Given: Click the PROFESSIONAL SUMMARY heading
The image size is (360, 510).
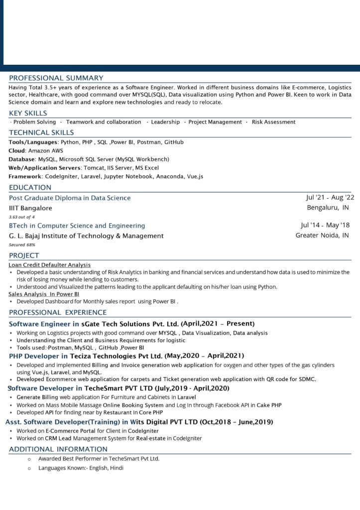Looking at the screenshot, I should pyautogui.click(x=56, y=78).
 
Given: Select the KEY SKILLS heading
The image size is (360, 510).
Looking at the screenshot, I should pyautogui.click(x=28, y=113).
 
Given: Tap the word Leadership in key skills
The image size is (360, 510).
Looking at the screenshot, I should pyautogui.click(x=165, y=122).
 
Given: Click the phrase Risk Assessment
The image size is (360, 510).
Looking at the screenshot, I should pyautogui.click(x=273, y=122).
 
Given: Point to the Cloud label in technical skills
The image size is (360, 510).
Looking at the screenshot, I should pyautogui.click(x=17, y=150).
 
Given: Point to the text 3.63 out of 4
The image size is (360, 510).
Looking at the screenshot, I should pyautogui.click(x=22, y=217).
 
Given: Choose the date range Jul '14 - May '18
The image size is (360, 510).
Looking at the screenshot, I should pyautogui.click(x=325, y=225).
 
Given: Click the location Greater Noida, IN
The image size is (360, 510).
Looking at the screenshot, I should pyautogui.click(x=322, y=235).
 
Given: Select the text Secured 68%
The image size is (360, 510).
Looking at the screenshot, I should pyautogui.click(x=22, y=245).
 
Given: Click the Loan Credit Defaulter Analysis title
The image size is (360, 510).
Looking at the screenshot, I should pyautogui.click(x=50, y=265).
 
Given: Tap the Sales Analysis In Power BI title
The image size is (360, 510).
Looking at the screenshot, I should pyautogui.click(x=44, y=294).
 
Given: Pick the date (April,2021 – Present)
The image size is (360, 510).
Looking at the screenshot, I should pyautogui.click(x=218, y=324).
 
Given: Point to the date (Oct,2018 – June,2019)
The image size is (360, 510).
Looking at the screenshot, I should pyautogui.click(x=237, y=422).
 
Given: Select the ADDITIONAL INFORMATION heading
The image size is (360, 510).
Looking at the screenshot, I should pyautogui.click(x=58, y=449).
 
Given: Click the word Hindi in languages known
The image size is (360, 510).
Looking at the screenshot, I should pyautogui.click(x=117, y=468).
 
